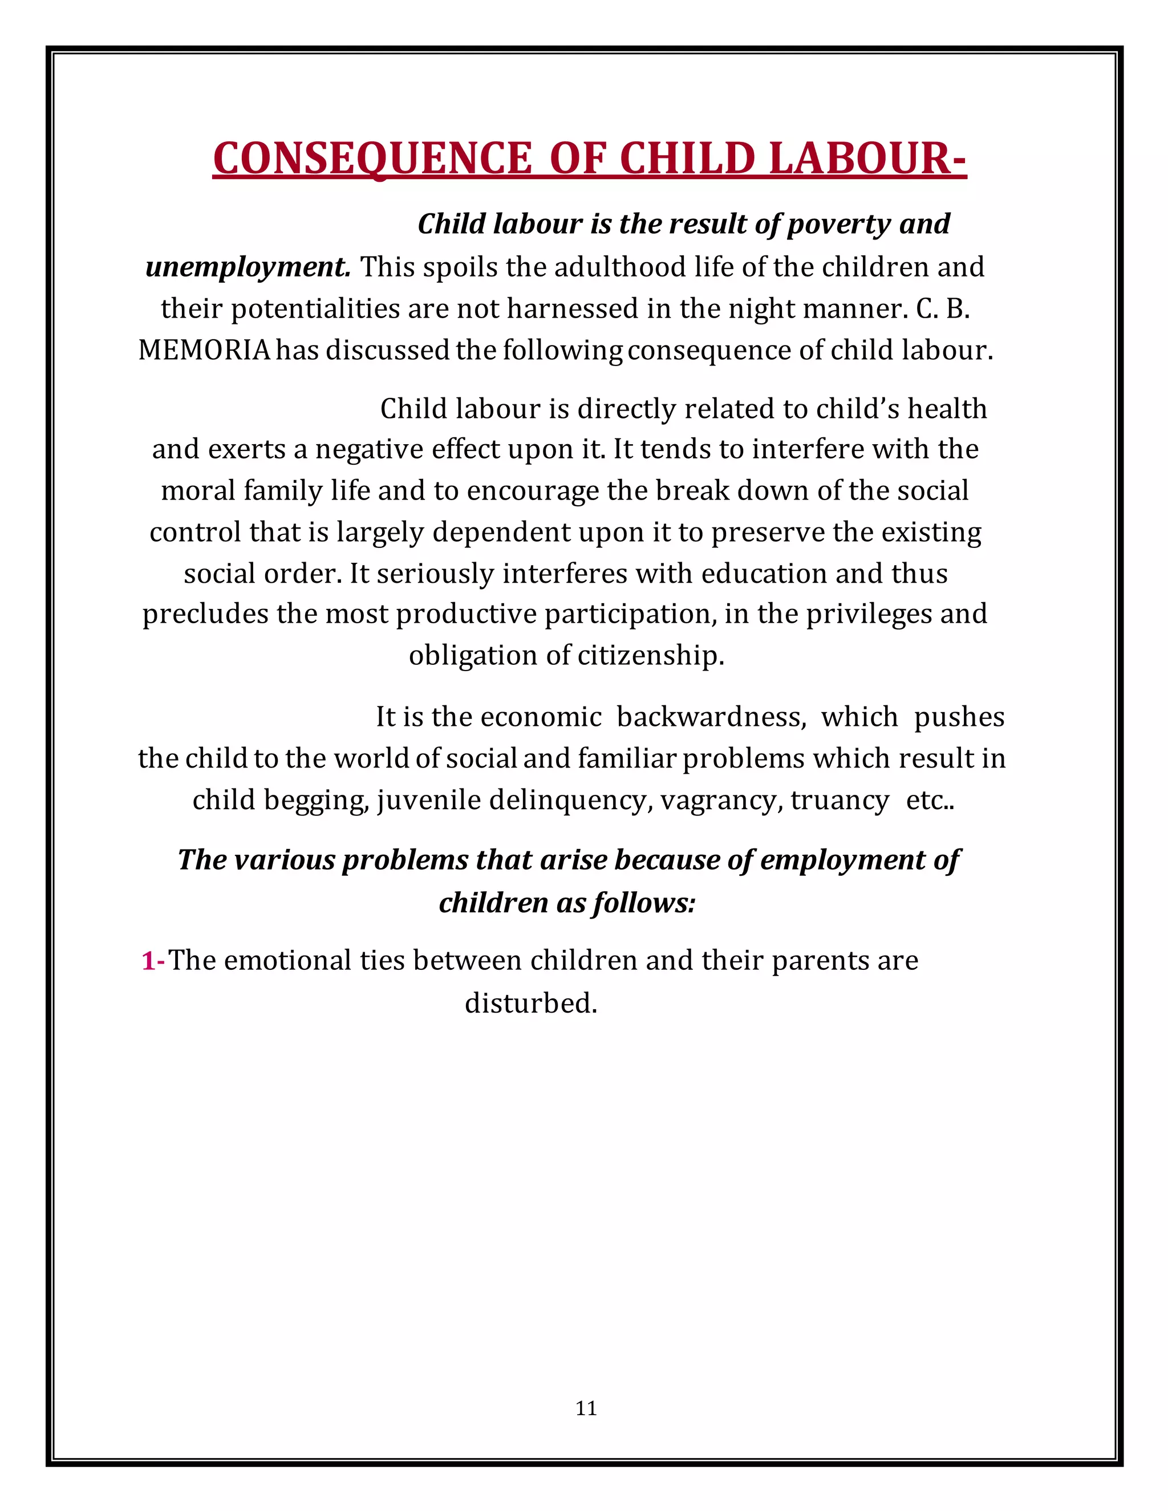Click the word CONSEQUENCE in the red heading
pyautogui.click(x=372, y=159)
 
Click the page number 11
pyautogui.click(x=585, y=1408)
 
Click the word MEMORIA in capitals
pyautogui.click(x=204, y=351)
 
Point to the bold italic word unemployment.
pyautogui.click(x=248, y=267)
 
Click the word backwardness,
pyautogui.click(x=711, y=717)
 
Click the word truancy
pyautogui.click(x=839, y=801)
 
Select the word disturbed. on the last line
pyautogui.click(x=531, y=1002)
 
